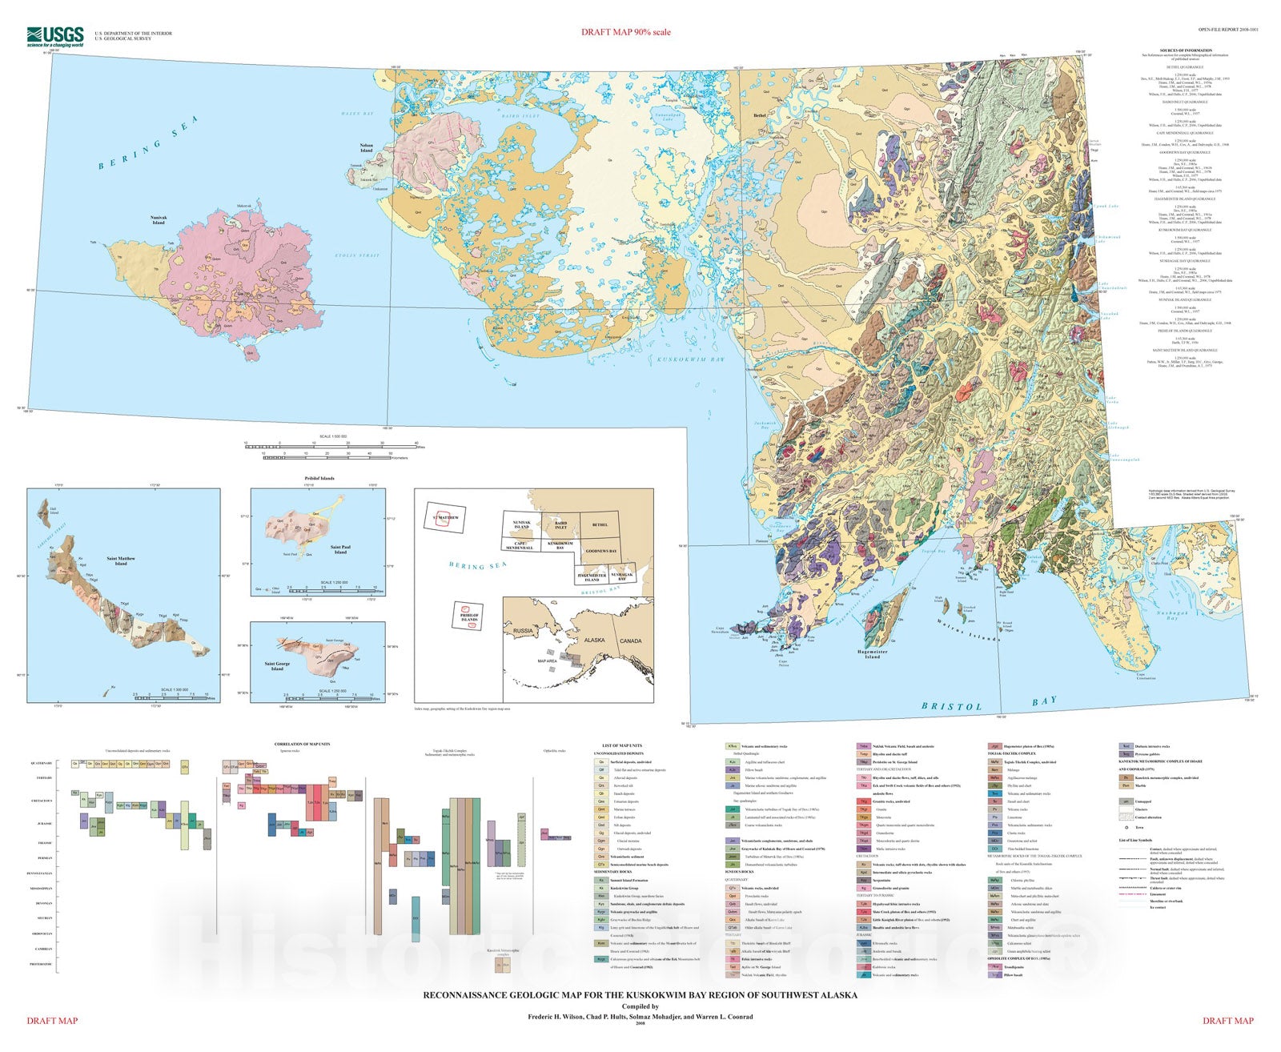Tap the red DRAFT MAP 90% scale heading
[x=625, y=32]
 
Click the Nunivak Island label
[x=159, y=219]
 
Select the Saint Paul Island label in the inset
[x=340, y=550]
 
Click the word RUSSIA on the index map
[x=522, y=630]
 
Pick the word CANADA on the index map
[x=630, y=640]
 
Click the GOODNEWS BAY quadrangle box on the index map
[x=600, y=552]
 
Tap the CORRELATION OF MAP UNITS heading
[x=291, y=744]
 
